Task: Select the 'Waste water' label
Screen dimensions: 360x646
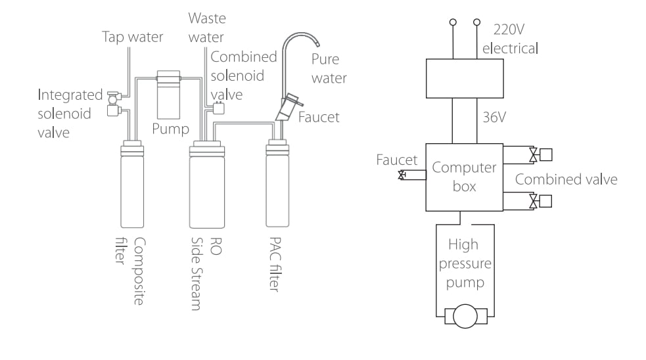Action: click(x=206, y=27)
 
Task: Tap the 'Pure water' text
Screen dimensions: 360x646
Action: click(x=329, y=68)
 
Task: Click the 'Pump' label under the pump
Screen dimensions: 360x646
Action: click(x=170, y=127)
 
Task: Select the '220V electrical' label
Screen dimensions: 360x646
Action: click(x=510, y=39)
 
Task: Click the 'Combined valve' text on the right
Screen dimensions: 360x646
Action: click(x=566, y=179)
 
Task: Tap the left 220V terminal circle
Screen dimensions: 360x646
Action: click(x=453, y=23)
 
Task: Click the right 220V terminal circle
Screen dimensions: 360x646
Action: click(x=476, y=23)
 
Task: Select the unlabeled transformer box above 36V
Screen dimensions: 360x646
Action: click(x=465, y=78)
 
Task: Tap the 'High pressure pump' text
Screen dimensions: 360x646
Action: click(x=463, y=264)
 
